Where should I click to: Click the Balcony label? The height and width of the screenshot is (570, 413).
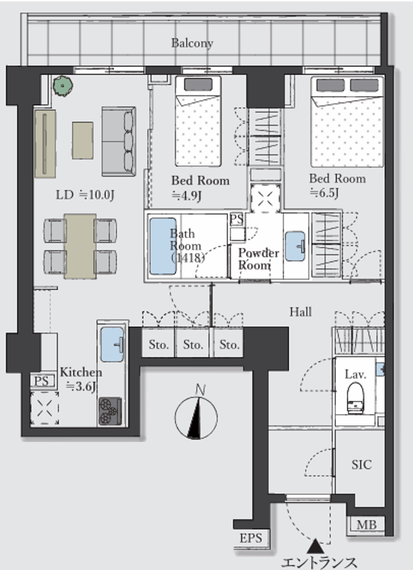pyautogui.click(x=192, y=43)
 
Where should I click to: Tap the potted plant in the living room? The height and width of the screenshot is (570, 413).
pyautogui.click(x=63, y=86)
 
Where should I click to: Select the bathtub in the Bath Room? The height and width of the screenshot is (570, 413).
pyautogui.click(x=162, y=246)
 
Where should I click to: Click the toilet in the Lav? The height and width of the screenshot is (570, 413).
pyautogui.click(x=355, y=398)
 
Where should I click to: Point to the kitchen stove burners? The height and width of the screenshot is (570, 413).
pyautogui.click(x=109, y=411)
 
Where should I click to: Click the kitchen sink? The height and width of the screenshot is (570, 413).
pyautogui.click(x=112, y=344)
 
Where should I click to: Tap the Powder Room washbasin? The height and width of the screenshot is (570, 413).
pyautogui.click(x=295, y=246)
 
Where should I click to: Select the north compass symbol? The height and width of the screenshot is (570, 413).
pyautogui.click(x=196, y=414)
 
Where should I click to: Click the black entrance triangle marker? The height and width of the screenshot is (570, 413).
pyautogui.click(x=315, y=546)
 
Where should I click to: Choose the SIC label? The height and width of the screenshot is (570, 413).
pyautogui.click(x=362, y=465)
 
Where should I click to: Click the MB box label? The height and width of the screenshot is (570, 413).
pyautogui.click(x=366, y=525)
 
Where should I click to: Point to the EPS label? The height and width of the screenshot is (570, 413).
pyautogui.click(x=251, y=538)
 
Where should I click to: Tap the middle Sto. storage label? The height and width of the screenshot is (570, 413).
pyautogui.click(x=193, y=344)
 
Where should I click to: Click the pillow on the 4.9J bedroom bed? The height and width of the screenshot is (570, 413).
pyautogui.click(x=198, y=85)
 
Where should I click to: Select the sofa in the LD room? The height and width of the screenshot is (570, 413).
pyautogui.click(x=119, y=141)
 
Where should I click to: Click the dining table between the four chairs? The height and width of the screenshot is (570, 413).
pyautogui.click(x=80, y=246)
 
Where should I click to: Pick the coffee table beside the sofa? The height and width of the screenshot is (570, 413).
pyautogui.click(x=82, y=140)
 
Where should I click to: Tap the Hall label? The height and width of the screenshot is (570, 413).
pyautogui.click(x=301, y=312)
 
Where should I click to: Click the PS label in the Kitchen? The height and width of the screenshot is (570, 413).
pyautogui.click(x=41, y=381)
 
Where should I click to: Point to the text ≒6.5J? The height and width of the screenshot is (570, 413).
pyautogui.click(x=324, y=192)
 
